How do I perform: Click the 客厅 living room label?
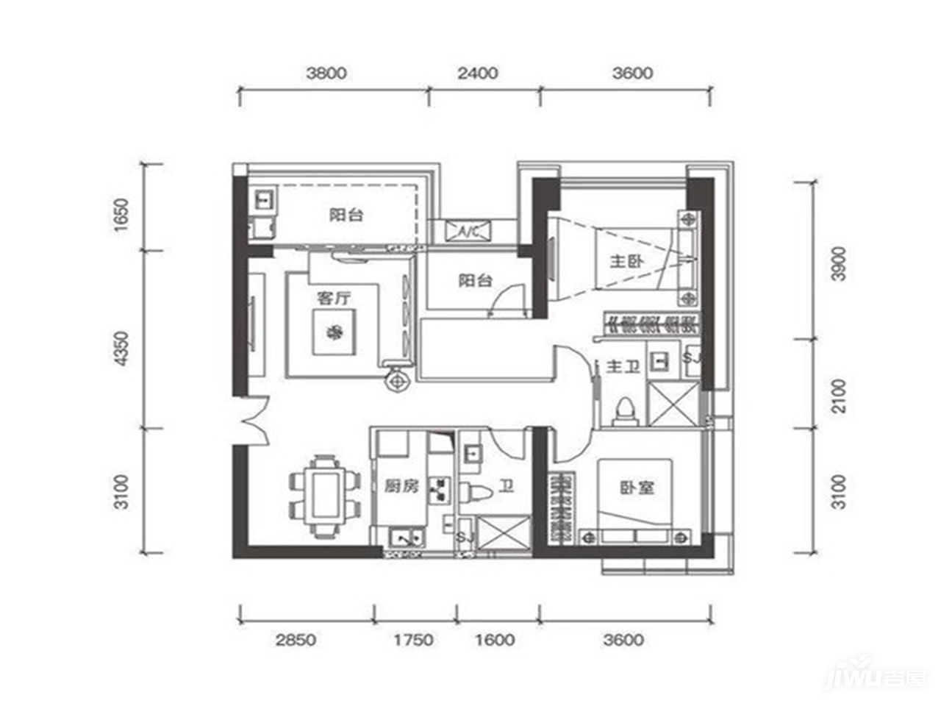(x=334, y=299)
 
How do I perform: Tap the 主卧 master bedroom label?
(x=627, y=261)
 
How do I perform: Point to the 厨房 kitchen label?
(x=401, y=487)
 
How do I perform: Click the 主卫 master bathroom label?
(x=623, y=366)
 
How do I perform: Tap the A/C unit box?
(x=468, y=232)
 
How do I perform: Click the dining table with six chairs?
(x=326, y=496)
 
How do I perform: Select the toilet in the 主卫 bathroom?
(x=625, y=412)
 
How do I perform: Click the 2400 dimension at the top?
(x=478, y=74)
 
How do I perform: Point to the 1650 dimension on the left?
(x=122, y=214)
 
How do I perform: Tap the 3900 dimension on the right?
(x=839, y=263)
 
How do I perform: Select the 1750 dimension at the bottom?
(x=414, y=640)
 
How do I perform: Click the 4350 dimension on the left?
(x=122, y=349)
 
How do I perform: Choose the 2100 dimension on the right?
(x=839, y=396)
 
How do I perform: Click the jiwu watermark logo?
(x=876, y=678)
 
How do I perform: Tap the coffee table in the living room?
(x=334, y=332)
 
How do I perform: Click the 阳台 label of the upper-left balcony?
(x=346, y=214)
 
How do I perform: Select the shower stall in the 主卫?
(x=673, y=404)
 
